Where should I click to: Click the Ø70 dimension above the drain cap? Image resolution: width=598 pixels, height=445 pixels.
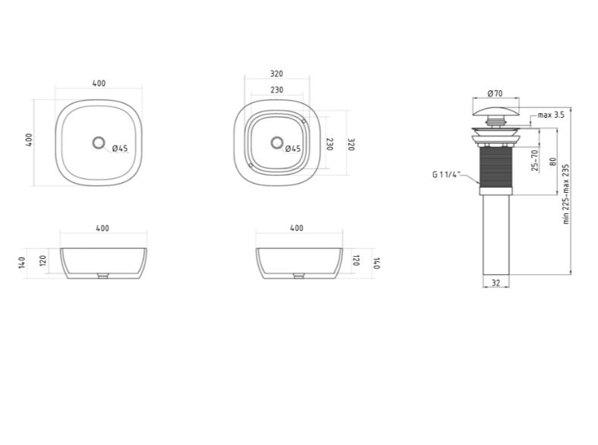tap(495, 93)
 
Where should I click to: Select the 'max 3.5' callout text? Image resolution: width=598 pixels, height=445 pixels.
tap(551, 115)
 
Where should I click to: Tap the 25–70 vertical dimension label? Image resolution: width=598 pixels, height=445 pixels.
tap(535, 160)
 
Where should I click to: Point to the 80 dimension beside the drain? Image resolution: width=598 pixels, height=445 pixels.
tap(552, 162)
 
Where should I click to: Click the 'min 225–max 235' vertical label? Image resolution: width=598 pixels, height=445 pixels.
tap(566, 194)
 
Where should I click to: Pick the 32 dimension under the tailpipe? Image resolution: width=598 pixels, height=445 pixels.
tap(496, 282)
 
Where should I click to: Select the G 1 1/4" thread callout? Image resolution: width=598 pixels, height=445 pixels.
tap(446, 175)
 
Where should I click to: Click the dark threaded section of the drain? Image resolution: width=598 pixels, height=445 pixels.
tap(496, 167)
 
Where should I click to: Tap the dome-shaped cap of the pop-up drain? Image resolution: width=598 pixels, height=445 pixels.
tap(496, 112)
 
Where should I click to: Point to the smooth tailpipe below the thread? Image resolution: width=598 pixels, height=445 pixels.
tap(496, 235)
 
